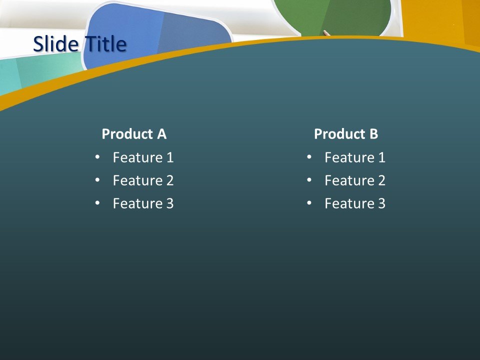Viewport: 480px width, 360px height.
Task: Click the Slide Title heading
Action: (x=79, y=44)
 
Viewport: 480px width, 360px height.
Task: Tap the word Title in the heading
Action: (x=105, y=44)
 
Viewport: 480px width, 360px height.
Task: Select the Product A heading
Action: (x=134, y=134)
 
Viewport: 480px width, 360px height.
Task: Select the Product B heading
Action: (x=346, y=134)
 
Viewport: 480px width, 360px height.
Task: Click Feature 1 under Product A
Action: (x=143, y=158)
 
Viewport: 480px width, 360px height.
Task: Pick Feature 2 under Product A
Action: (x=143, y=180)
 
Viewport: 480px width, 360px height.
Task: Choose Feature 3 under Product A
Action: (x=143, y=203)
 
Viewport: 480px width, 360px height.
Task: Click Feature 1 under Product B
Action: (x=355, y=158)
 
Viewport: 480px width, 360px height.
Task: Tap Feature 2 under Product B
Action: (x=355, y=180)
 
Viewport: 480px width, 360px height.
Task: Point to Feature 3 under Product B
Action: (x=355, y=203)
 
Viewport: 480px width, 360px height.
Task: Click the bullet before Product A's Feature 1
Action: (x=97, y=157)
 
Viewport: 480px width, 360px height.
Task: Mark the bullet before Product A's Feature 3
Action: (x=97, y=203)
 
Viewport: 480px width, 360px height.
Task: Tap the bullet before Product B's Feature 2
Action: (x=309, y=180)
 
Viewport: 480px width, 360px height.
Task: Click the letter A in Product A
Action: (x=161, y=134)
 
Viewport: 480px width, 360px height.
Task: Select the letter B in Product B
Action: (x=373, y=134)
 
